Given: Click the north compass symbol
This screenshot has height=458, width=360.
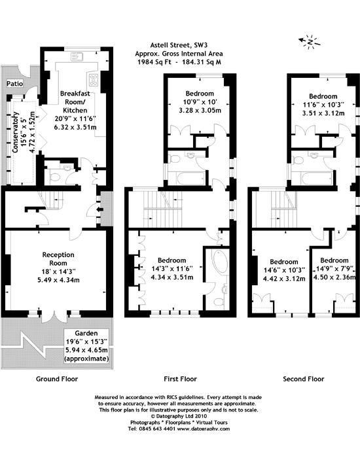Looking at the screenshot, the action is coord(310,42).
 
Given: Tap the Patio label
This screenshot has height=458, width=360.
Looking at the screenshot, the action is coord(15,84).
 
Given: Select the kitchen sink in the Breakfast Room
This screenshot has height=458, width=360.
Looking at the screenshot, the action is coord(77,57).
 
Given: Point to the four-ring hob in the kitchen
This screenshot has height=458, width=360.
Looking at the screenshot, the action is coord(94,79).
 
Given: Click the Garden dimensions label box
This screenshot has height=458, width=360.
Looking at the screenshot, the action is coord(86,346).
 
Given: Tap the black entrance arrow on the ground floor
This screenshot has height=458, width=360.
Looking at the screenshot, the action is coord(99,209).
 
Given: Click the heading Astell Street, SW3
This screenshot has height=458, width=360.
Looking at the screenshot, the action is coord(179,45).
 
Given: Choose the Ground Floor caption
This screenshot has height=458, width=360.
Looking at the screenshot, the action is coord(57,379).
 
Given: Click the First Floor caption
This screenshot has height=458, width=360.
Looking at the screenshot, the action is coord(180,379).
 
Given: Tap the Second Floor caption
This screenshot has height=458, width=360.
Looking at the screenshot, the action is coord(304,379).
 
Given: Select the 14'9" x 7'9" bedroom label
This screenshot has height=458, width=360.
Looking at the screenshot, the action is coord(334,268).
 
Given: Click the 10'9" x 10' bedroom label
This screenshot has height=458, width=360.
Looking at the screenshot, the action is coord(200,102).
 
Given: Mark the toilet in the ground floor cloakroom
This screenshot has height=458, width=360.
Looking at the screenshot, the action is coord(54,177).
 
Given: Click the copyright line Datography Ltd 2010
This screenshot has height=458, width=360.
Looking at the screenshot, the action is coord(179,416).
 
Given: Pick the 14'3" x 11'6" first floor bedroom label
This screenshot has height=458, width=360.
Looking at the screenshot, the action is coord(171,269).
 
